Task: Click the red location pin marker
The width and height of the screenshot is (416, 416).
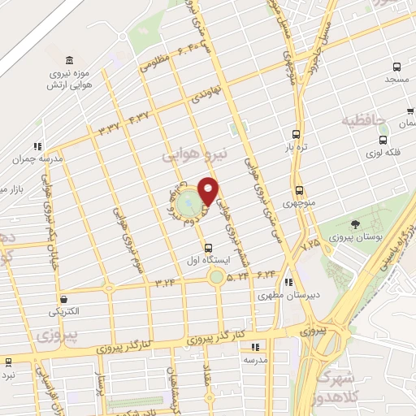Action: [209, 191]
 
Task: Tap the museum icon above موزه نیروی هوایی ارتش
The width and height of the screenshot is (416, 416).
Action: [68, 61]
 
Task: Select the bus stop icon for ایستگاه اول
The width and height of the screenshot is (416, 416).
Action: [209, 248]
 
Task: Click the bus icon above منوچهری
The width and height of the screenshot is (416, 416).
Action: [299, 189]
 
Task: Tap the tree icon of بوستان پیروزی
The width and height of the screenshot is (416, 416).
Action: [354, 224]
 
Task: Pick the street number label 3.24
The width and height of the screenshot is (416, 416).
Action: [166, 283]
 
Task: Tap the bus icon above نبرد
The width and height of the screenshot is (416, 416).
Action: [7, 362]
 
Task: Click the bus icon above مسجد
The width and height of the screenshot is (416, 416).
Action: [396, 68]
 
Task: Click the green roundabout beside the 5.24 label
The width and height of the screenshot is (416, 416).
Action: [215, 278]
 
